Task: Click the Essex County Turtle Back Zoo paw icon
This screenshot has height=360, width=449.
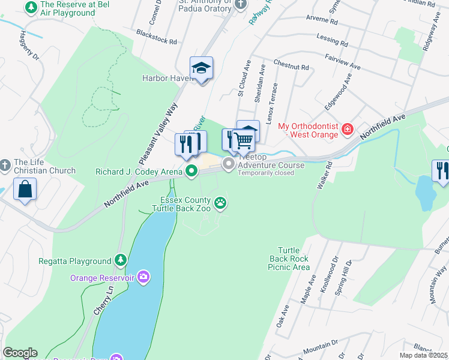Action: point(221,203)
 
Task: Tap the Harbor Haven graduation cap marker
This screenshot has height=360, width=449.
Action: point(202,69)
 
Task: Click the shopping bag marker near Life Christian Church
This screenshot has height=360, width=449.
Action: point(25,189)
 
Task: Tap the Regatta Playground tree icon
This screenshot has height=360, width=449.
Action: point(121,260)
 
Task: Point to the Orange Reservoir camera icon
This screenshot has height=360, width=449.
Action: point(143,277)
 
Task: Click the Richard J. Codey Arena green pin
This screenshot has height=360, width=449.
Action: point(191,172)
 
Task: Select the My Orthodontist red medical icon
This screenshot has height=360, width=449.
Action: point(347,129)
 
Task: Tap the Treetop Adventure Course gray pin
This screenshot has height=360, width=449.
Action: point(229,164)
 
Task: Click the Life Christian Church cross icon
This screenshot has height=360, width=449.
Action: point(5,164)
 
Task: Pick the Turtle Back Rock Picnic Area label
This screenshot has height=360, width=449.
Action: point(294,258)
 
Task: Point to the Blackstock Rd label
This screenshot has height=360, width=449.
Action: point(156,37)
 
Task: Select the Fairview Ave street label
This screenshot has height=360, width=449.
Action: point(342,61)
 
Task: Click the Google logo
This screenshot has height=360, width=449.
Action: point(20,353)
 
